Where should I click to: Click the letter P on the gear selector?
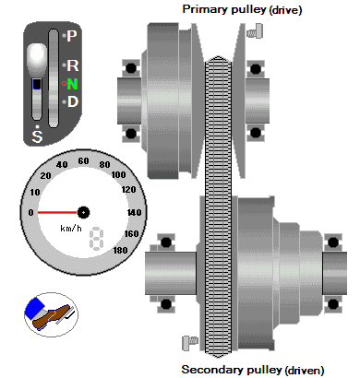[x=72, y=36]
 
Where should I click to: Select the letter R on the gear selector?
[x=73, y=65]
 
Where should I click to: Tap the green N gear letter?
[x=72, y=84]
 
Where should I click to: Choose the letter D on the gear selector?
[x=73, y=101]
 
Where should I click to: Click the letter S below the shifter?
[x=37, y=136]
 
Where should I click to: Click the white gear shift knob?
[x=37, y=59]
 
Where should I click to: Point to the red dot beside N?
[x=64, y=84]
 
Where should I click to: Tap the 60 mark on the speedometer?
[x=83, y=161]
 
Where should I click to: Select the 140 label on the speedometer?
[x=135, y=212]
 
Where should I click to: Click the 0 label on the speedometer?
[x=30, y=212]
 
